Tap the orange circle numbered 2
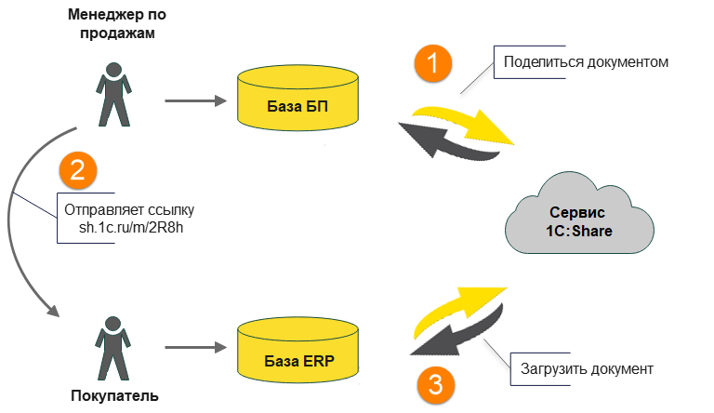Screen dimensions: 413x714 coord(78,169)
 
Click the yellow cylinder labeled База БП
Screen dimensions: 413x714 coord(297,99)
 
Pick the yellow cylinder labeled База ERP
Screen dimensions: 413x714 coord(297,351)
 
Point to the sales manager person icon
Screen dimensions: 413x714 coord(112,93)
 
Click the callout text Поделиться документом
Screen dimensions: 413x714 coord(586,63)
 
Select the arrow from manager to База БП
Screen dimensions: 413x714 coord(195,100)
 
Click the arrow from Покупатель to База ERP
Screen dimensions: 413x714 coord(195,349)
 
